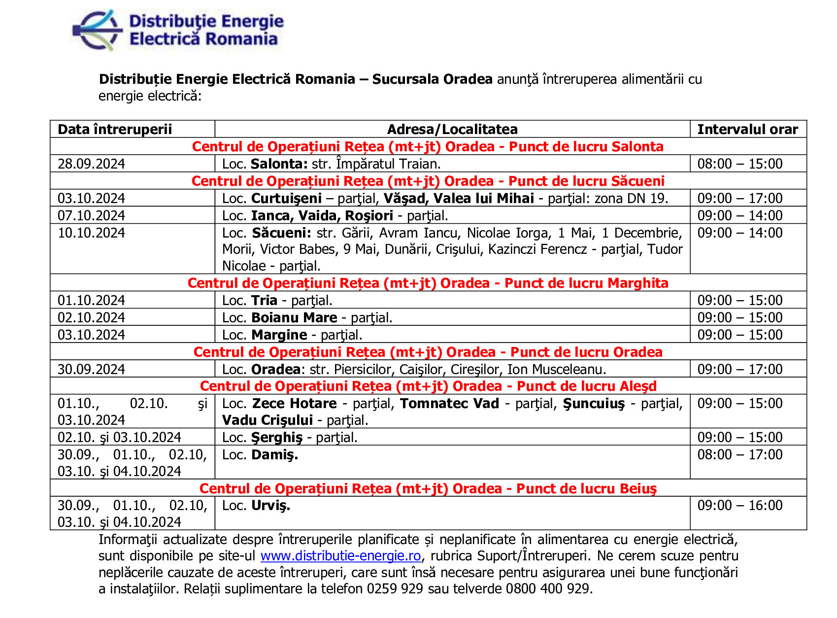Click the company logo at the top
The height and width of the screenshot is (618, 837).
pyautogui.click(x=178, y=30)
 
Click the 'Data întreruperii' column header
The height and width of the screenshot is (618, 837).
pyautogui.click(x=115, y=129)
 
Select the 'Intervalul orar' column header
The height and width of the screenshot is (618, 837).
pyautogui.click(x=747, y=129)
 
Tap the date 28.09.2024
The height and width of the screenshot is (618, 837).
pyautogui.click(x=91, y=164)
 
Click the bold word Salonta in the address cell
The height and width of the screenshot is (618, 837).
pyautogui.click(x=279, y=164)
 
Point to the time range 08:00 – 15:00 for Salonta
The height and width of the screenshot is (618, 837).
pyautogui.click(x=739, y=164)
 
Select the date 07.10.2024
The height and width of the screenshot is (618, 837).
pyautogui.click(x=91, y=215)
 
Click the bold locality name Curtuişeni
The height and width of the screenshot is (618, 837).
pyautogui.click(x=286, y=198)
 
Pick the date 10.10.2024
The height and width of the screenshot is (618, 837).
pyautogui.click(x=91, y=233)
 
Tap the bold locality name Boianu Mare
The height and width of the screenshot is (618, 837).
pyautogui.click(x=294, y=317)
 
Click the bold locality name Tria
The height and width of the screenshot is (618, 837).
pyautogui.click(x=264, y=300)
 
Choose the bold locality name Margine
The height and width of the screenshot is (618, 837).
pyautogui.click(x=279, y=335)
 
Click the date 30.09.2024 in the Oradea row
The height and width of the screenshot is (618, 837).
pyautogui.click(x=91, y=369)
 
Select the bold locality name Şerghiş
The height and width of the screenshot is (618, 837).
pyautogui.click(x=277, y=437)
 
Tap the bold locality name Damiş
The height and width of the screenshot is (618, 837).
pyautogui.click(x=274, y=454)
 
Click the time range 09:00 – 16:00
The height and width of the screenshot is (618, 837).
pyautogui.click(x=739, y=505)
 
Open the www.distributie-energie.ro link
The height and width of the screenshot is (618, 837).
pyautogui.click(x=340, y=556)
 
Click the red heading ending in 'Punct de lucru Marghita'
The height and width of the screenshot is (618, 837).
pyautogui.click(x=428, y=283)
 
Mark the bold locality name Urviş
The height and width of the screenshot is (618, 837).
pyautogui.click(x=270, y=505)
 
